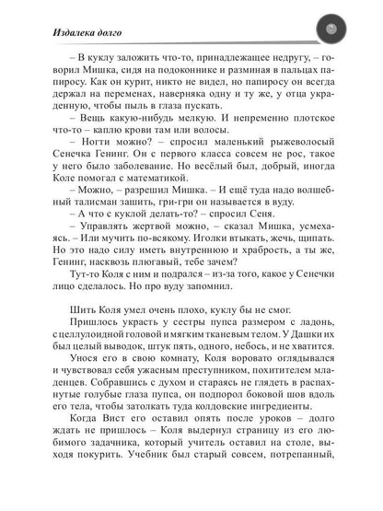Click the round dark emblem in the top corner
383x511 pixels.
[x=333, y=32]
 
